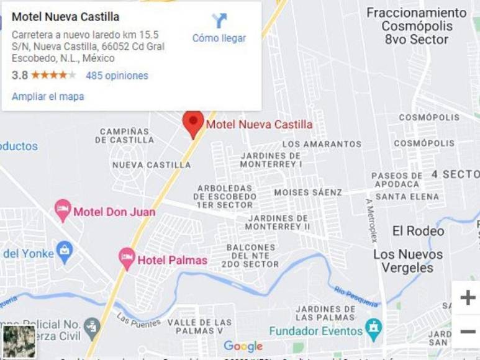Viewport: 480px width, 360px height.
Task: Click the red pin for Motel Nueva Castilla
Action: (193, 122)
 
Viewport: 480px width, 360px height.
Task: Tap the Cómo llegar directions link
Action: (219, 38)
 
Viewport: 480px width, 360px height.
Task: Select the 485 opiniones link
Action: (117, 76)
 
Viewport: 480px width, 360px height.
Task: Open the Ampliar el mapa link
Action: (48, 97)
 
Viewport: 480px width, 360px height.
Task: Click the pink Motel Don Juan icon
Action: (63, 210)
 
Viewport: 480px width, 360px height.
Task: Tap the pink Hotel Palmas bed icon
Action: (127, 258)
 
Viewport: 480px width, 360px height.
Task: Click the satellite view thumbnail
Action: (19, 341)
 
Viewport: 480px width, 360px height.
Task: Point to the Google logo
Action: (243, 346)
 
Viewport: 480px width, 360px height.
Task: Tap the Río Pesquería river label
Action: (356, 296)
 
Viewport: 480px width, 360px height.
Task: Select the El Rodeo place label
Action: (418, 231)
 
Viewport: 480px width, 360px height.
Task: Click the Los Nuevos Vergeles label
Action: (408, 261)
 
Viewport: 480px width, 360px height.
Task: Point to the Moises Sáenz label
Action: (308, 192)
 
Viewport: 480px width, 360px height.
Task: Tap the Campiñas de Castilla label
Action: (124, 135)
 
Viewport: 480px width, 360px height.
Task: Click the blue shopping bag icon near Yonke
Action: (64, 251)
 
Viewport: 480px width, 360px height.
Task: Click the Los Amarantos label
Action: (322, 144)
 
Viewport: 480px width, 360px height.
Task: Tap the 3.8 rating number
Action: (19, 76)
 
